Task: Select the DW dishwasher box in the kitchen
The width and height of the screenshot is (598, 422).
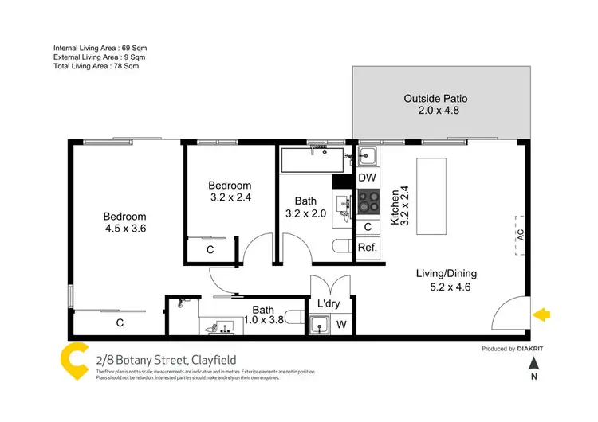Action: coord(368,178)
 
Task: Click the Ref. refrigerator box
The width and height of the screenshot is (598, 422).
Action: coord(368,248)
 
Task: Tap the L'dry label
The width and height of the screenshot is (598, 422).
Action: coord(329,305)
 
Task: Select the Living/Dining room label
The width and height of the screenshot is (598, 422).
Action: coord(446,280)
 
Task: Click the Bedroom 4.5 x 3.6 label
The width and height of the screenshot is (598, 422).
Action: coord(124,222)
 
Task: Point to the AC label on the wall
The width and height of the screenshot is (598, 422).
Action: coord(519,236)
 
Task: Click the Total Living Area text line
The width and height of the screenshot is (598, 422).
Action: coord(98,67)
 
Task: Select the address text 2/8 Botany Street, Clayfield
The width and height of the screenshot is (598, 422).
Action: coord(165,359)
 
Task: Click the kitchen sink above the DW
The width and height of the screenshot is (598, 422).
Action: coord(368,155)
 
